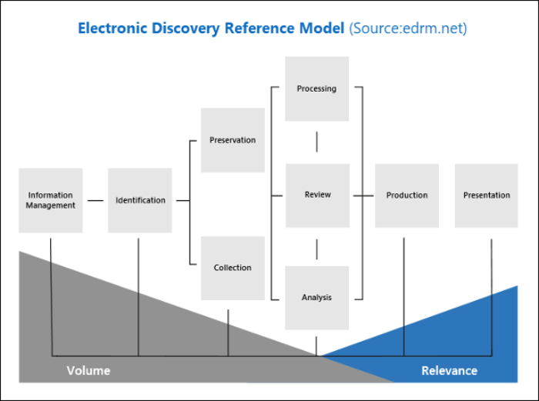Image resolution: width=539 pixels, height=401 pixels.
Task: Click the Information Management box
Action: point(51,200)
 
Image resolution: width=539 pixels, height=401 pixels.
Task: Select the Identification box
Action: point(140,200)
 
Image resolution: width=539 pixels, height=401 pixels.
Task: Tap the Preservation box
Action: point(233,140)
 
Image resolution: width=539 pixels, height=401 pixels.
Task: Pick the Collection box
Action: point(233,268)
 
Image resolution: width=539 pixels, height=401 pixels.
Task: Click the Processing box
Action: point(316,89)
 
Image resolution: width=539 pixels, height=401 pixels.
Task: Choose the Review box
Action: point(317,195)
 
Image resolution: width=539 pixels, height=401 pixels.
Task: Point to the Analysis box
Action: point(316,297)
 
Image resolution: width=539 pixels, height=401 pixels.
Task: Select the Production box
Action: point(407,195)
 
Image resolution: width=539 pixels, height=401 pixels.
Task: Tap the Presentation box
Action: point(487,195)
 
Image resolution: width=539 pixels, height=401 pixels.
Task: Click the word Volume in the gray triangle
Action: point(89,371)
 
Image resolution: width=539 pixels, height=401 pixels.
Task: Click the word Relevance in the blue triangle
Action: point(449,371)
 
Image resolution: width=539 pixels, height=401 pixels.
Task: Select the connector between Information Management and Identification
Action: point(95,200)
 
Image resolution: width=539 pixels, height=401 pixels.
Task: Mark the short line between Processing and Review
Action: point(317,142)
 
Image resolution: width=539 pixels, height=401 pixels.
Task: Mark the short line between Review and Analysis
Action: point(317,248)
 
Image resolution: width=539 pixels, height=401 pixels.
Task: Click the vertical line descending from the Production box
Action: point(404,292)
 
